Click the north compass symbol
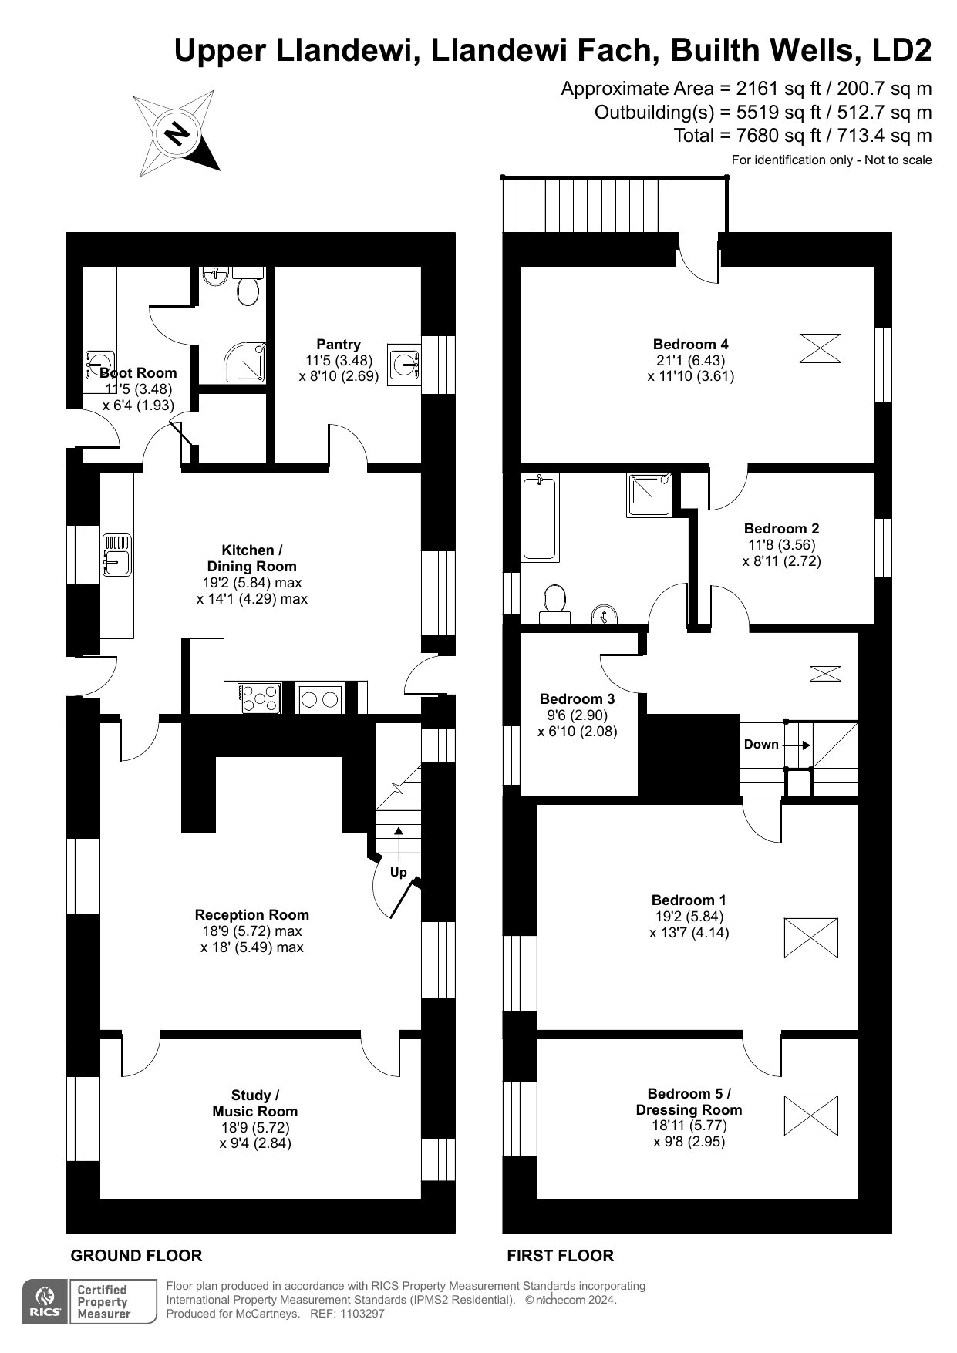[177, 133]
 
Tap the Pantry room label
[339, 345]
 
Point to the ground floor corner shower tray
[245, 363]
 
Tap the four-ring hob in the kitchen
[261, 698]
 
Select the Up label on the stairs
[398, 873]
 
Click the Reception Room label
[251, 915]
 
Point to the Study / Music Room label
[254, 1103]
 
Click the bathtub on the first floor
[539, 517]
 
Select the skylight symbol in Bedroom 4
[820, 348]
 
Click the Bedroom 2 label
[781, 529]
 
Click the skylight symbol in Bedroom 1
[811, 937]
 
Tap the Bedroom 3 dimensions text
[577, 723]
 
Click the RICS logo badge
[45, 1301]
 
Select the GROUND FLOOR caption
[136, 1256]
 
